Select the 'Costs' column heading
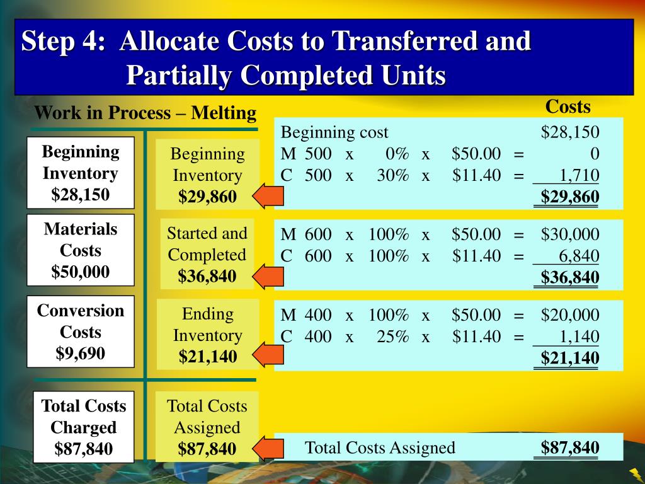(568, 107)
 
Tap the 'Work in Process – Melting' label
(146, 113)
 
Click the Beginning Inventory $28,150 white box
(81, 173)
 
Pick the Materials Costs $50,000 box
(81, 250)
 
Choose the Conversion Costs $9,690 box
(81, 331)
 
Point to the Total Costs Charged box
(84, 427)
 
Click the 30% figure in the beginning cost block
(393, 175)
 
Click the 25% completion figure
(393, 337)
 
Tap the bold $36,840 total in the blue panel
(570, 277)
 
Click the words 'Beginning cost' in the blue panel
(334, 133)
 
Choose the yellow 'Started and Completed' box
(207, 254)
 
